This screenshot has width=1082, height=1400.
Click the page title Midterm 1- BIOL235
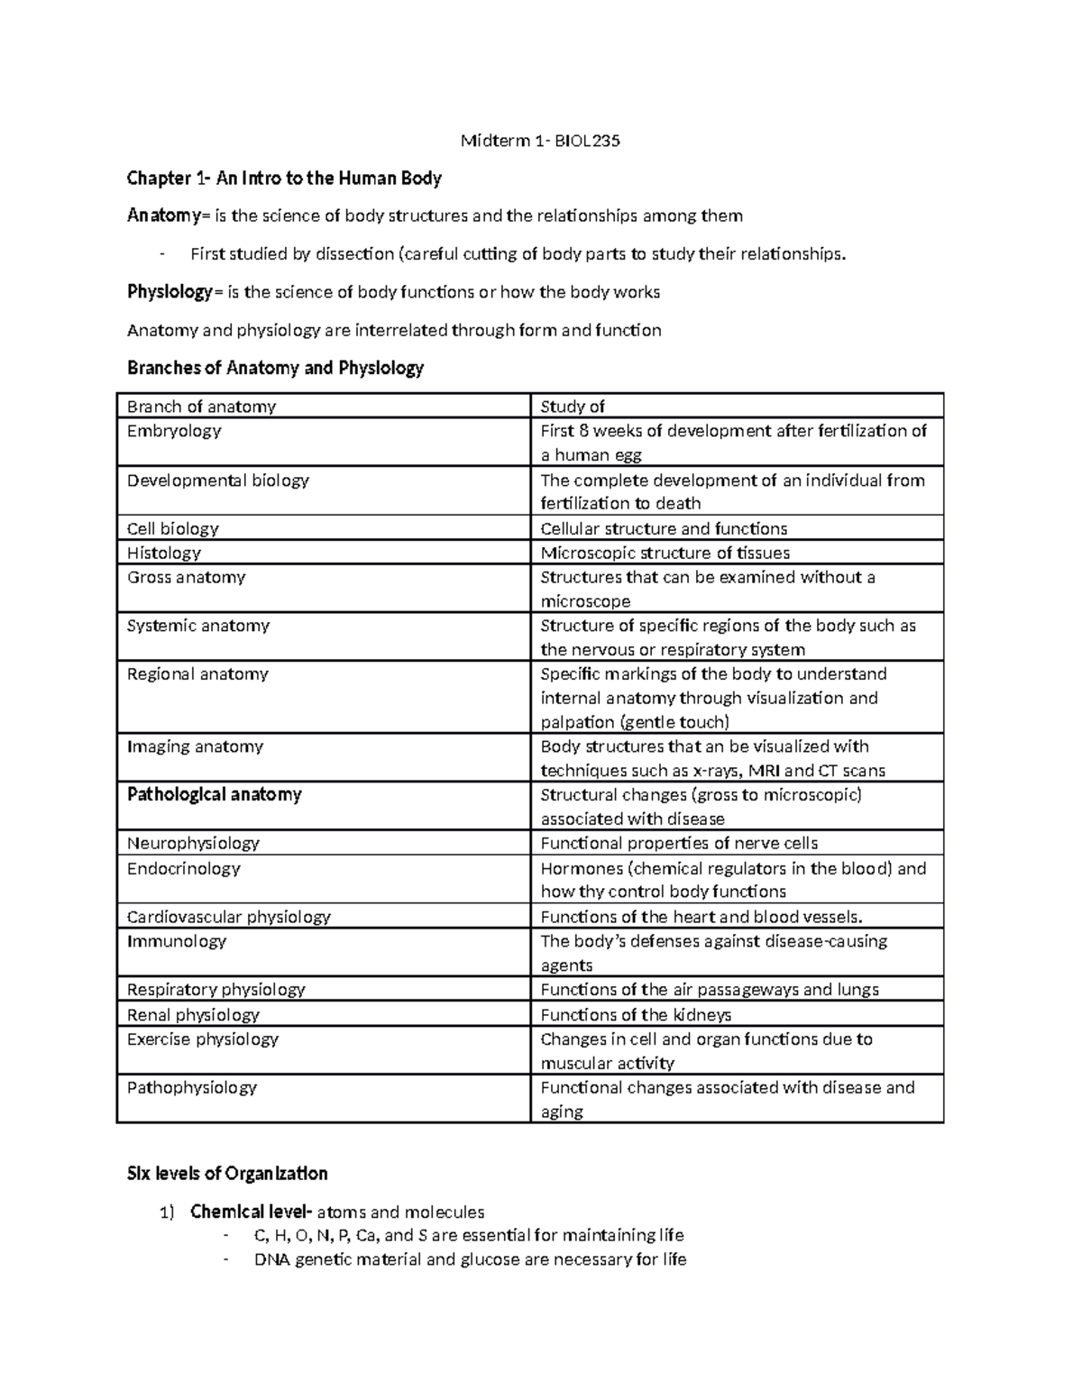click(540, 141)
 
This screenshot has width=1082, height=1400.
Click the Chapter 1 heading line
click(284, 178)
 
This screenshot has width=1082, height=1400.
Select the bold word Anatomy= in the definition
click(166, 215)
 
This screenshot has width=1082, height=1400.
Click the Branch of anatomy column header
click(201, 407)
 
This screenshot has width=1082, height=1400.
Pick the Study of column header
click(573, 407)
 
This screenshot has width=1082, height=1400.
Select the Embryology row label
click(174, 431)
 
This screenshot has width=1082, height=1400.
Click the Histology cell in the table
click(164, 553)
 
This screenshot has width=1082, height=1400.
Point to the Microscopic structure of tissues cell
click(665, 553)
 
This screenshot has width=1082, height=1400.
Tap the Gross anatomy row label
click(186, 577)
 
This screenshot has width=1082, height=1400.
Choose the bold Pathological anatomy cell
click(215, 794)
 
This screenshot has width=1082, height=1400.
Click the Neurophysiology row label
click(193, 843)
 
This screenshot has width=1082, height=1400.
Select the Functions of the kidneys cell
click(636, 1014)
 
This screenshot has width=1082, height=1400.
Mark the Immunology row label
click(177, 941)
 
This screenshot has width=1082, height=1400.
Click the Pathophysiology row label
click(192, 1087)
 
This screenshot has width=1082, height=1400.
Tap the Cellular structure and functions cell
click(664, 528)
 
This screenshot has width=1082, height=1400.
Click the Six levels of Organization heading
click(227, 1174)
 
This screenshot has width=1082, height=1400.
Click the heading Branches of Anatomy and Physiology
click(275, 368)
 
